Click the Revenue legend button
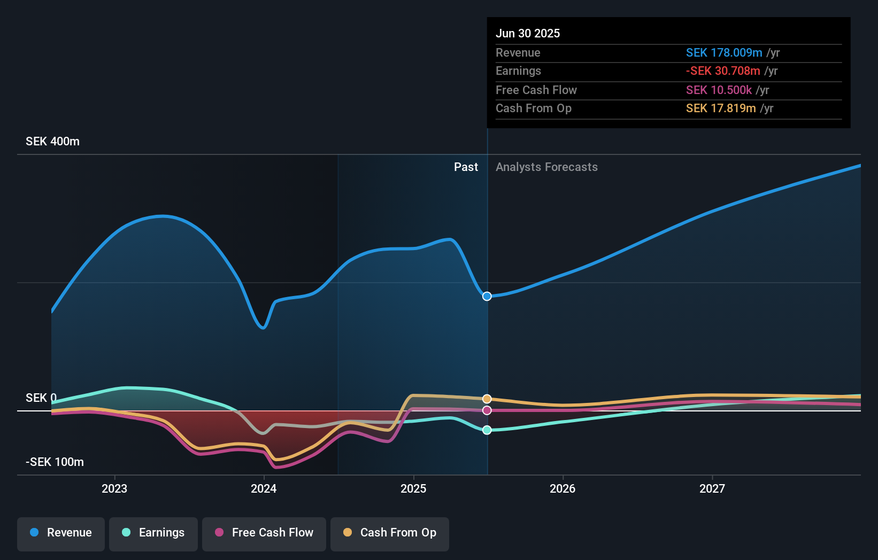[x=61, y=533]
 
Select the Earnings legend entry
[x=153, y=533]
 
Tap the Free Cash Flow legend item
[x=264, y=533]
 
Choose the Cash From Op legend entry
[x=390, y=533]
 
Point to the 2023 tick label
[x=114, y=488]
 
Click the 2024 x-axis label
[x=264, y=488]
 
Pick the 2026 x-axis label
[x=563, y=488]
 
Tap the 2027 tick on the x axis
[x=712, y=488]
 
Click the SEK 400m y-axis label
[x=52, y=142]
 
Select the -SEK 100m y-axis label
[x=55, y=462]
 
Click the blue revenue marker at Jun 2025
[x=487, y=296]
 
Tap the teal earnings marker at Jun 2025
[x=487, y=430]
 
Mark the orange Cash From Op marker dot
[x=487, y=399]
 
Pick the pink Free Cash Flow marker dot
[x=487, y=410]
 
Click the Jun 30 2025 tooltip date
[x=527, y=33]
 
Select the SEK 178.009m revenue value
[x=723, y=53]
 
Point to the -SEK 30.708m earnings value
[x=722, y=71]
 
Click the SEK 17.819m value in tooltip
[x=720, y=108]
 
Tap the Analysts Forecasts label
[x=546, y=167]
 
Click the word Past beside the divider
[x=466, y=167]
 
